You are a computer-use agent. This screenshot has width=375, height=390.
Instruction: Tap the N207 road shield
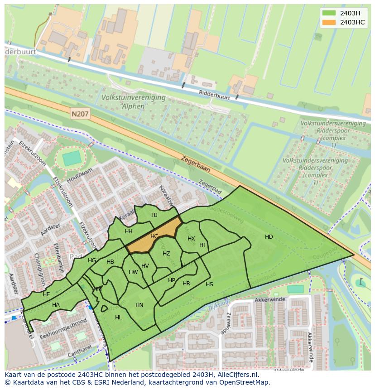(80, 115)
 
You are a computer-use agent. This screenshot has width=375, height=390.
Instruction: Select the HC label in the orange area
(154, 236)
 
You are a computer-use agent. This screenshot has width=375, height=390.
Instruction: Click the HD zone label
(269, 237)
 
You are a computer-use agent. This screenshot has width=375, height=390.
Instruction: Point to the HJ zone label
(154, 215)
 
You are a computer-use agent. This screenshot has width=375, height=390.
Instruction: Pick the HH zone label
(129, 231)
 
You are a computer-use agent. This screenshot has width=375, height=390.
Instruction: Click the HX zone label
(191, 239)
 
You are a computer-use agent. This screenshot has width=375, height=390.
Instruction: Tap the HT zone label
(203, 245)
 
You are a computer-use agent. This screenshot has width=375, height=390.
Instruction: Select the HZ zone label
(166, 254)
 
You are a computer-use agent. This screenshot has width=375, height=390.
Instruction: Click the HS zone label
(209, 284)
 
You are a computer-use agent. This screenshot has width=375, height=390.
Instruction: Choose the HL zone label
(119, 318)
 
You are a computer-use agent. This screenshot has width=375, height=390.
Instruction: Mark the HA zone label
(56, 305)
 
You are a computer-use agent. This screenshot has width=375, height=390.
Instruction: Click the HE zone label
(46, 294)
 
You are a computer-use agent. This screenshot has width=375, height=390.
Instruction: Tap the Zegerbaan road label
(196, 164)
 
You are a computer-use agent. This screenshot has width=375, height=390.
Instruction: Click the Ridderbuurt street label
(215, 95)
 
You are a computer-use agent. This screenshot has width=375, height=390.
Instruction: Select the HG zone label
(92, 260)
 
